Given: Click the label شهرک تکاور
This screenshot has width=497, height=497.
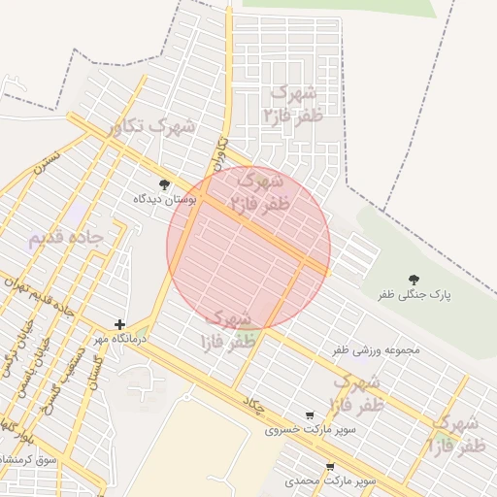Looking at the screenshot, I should pyautogui.click(x=152, y=126).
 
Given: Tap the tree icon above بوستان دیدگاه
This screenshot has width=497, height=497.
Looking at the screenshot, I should pyautogui.click(x=164, y=183).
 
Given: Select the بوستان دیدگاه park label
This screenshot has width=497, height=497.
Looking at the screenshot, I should pyautogui.click(x=165, y=198).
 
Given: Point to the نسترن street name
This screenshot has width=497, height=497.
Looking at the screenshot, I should pyautogui.click(x=48, y=161).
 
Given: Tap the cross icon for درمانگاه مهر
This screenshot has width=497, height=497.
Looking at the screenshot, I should pyautogui.click(x=119, y=324).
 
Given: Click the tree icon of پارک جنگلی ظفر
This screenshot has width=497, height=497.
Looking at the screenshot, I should pyautogui.click(x=414, y=279).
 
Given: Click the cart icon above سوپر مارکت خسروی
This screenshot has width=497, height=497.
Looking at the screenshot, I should pyautogui.click(x=310, y=414).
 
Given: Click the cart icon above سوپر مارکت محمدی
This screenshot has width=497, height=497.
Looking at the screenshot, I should pyautogui.click(x=330, y=467).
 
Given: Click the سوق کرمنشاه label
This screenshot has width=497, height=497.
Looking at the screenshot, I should pyautogui.click(x=29, y=457).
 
